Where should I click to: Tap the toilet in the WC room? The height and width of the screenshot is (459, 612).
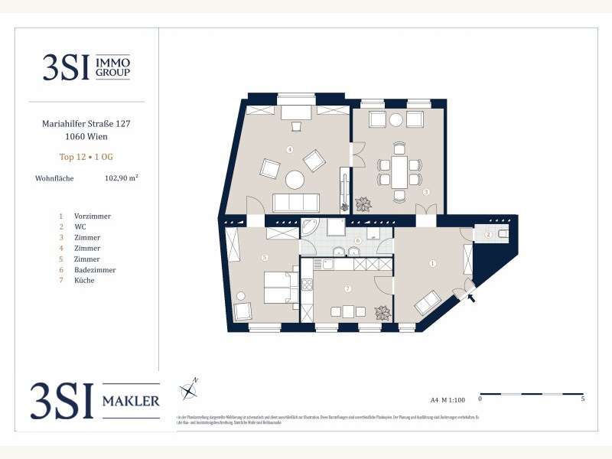tap(503, 233)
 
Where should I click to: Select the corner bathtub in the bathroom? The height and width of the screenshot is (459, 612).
tap(309, 229)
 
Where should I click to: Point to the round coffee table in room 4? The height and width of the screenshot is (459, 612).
tap(295, 181)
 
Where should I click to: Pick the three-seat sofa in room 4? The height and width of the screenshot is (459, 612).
tap(295, 203)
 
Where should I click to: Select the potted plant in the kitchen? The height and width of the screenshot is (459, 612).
tap(381, 313)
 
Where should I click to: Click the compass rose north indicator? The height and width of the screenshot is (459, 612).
tap(188, 390)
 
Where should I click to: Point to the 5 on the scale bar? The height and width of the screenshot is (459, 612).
tap(584, 399)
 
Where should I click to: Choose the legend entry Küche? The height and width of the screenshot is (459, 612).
tap(84, 281)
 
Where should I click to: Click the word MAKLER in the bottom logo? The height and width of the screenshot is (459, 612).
tap(132, 401)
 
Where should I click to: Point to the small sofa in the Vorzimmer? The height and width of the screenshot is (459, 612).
tap(428, 303)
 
